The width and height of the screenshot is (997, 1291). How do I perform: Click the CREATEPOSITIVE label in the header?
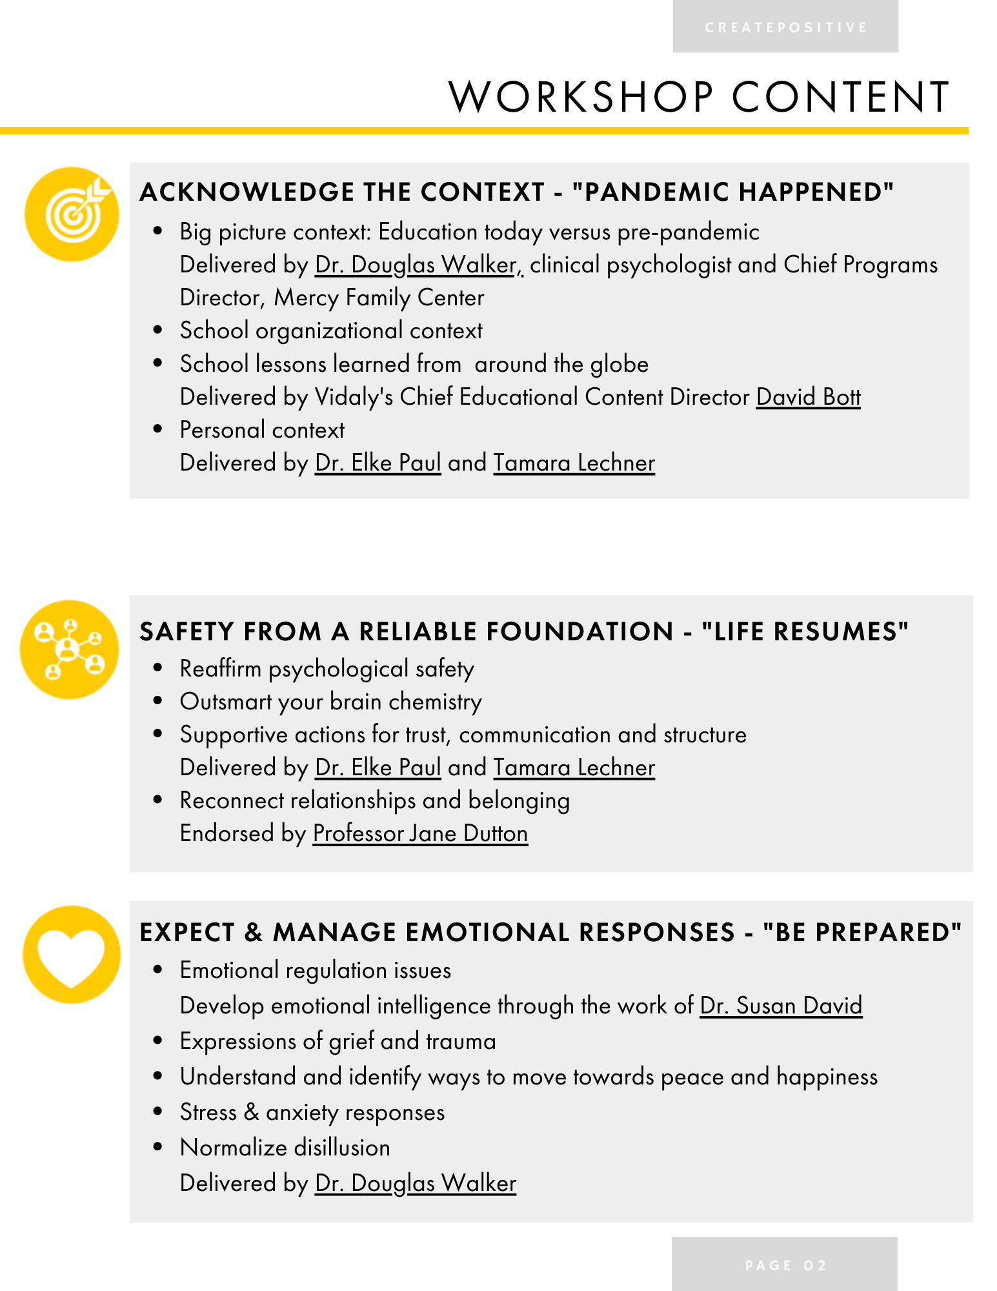pos(785,28)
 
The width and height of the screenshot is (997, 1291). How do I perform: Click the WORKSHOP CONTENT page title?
pos(699,97)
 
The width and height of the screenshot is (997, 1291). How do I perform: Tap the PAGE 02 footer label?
pos(785,1265)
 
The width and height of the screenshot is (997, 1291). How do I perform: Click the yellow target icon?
pos(72,214)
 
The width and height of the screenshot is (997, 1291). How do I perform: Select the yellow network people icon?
pos(70,649)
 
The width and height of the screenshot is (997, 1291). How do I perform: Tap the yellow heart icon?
pos(72,955)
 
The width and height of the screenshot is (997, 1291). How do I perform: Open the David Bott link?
pos(808,397)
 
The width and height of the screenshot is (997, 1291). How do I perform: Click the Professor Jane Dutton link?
pos(420,833)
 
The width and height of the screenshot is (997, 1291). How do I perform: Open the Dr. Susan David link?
pos(781,1006)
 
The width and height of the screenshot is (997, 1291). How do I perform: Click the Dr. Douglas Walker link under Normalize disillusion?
pos(416,1183)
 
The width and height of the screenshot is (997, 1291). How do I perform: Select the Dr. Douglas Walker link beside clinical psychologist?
pos(418,265)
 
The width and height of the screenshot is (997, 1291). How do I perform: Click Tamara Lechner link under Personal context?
pos(574,463)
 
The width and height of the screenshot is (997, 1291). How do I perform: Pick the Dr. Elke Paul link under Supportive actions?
pos(378,767)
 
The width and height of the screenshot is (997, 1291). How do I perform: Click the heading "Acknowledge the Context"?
pos(516,192)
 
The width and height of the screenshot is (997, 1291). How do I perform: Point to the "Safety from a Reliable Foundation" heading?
pos(523,631)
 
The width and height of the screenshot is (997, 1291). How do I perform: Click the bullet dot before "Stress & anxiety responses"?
pos(157,1112)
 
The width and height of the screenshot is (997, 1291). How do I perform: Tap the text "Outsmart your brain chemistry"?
pos(330,702)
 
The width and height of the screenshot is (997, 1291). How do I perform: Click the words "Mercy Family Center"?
pos(379,298)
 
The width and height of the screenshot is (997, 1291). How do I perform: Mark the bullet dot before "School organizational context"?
pos(157,330)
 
